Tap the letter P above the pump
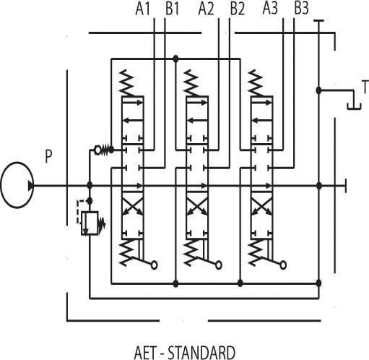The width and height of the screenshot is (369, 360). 49,155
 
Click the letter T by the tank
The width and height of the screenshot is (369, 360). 365,87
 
